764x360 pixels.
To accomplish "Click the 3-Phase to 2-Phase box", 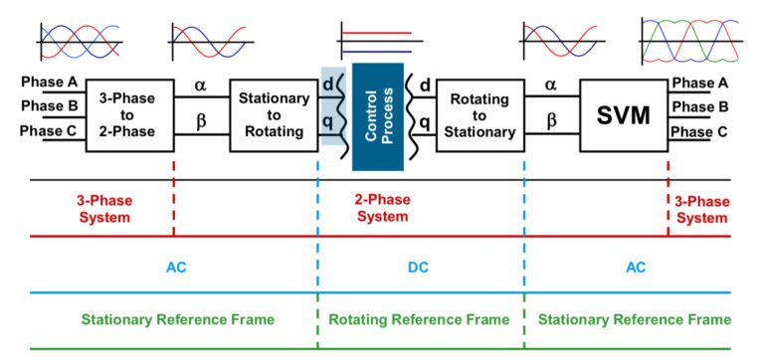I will (x=129, y=115).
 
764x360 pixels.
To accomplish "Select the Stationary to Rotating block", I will (x=273, y=115).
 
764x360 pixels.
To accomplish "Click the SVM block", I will (x=623, y=115).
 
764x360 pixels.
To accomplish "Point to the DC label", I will (x=419, y=268).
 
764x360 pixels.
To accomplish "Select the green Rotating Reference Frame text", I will (x=419, y=319).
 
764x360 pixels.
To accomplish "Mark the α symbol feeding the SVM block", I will (x=552, y=87).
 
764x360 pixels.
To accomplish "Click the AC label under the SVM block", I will (x=635, y=268).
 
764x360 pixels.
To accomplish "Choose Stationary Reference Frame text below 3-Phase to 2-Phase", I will (x=177, y=319).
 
